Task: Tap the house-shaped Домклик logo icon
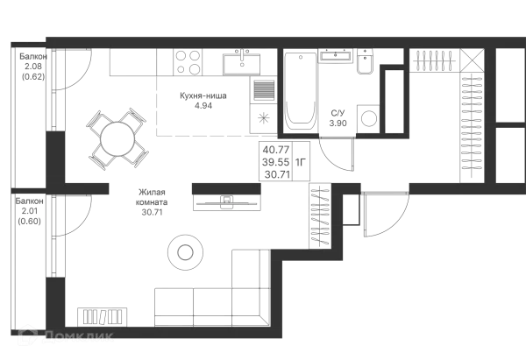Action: coord(29,335)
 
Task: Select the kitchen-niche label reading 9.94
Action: coord(202,101)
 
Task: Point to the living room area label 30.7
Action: coord(151,200)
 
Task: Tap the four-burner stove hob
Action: coord(186,60)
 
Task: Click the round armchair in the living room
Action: coord(184,251)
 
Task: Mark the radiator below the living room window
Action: coord(103,314)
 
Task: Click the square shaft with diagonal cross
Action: coord(473,60)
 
